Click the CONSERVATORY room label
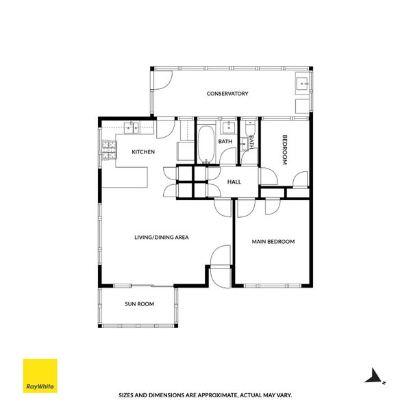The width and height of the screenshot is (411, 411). coord(227,93)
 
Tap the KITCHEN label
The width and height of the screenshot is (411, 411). coord(143,152)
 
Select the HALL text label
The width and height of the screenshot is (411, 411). coord(234,182)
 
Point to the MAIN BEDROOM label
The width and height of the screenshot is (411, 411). coord(273,241)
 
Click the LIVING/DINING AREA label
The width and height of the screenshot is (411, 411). coord(161,237)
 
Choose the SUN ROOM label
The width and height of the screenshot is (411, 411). coord(139,303)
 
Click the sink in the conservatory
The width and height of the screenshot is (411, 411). coord(302,85)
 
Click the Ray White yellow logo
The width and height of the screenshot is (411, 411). coord(40,376)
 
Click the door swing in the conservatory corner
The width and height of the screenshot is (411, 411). coord(162,79)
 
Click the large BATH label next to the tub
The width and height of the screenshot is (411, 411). coord(225,142)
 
